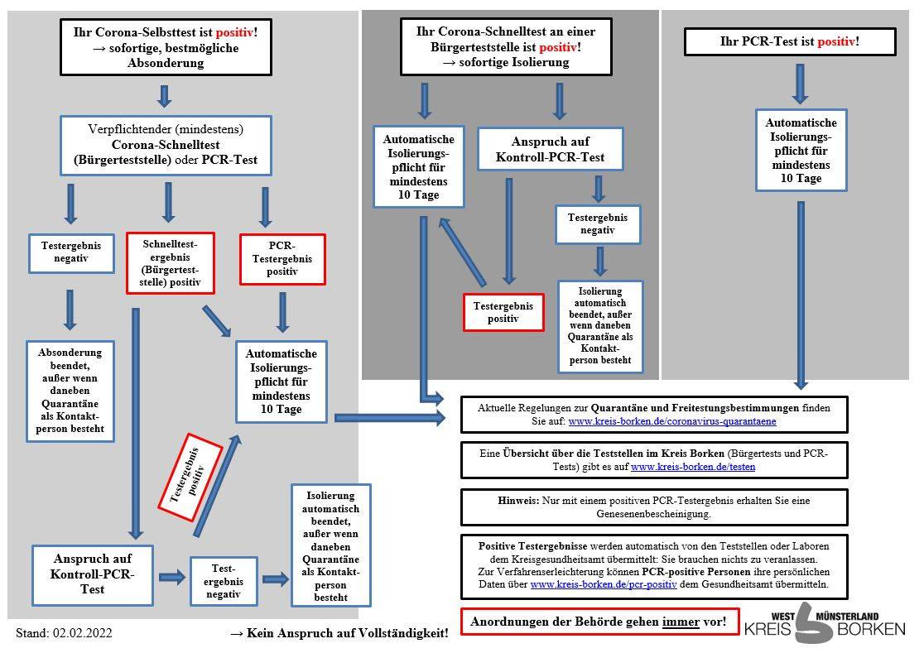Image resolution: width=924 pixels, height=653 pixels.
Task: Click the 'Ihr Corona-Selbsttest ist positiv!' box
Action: pyautogui.click(x=166, y=47)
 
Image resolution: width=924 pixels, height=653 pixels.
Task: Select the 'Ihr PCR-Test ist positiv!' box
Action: pyautogui.click(x=790, y=42)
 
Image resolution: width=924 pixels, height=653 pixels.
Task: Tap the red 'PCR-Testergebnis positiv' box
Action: pyautogui.click(x=282, y=259)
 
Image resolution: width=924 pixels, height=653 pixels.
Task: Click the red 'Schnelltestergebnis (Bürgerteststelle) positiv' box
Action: pyautogui.click(x=171, y=262)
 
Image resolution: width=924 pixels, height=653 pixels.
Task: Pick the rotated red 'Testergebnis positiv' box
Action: pyautogui.click(x=190, y=477)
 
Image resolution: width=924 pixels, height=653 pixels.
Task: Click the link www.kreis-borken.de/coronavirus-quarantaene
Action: pyautogui.click(x=671, y=421)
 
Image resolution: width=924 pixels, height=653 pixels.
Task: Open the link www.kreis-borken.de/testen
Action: pyautogui.click(x=693, y=467)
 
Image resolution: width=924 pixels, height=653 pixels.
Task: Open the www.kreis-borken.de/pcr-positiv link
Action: pyautogui.click(x=604, y=584)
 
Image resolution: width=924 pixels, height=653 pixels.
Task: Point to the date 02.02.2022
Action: pyautogui.click(x=83, y=634)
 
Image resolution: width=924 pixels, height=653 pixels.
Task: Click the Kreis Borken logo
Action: pyautogui.click(x=825, y=623)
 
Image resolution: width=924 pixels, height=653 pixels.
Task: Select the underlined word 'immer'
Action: pyautogui.click(x=681, y=622)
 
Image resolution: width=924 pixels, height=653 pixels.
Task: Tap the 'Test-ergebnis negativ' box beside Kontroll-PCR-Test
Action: pyautogui.click(x=224, y=581)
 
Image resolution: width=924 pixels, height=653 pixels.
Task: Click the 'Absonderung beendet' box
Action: pyautogui.click(x=70, y=391)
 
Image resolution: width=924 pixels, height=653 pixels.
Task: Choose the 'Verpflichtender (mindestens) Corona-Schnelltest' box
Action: pyautogui.click(x=166, y=146)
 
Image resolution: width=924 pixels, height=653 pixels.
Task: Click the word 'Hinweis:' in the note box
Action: pyautogui.click(x=518, y=501)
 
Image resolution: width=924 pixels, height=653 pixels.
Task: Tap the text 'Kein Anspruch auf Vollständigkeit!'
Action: pyautogui.click(x=348, y=634)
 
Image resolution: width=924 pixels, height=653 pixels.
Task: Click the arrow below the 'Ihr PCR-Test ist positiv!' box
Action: pyautogui.click(x=800, y=84)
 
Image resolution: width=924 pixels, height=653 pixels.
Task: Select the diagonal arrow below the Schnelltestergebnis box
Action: pyautogui.click(x=216, y=321)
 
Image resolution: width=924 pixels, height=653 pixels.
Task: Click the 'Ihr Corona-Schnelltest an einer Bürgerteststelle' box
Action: pyautogui.click(x=506, y=46)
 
